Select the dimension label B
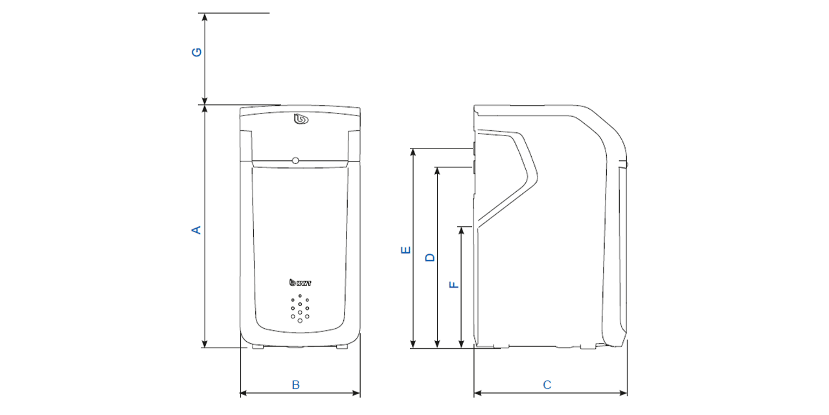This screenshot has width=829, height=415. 295,385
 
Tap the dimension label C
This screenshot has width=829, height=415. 547,385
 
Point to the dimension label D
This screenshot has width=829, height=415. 429,257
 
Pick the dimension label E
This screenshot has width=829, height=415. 406,250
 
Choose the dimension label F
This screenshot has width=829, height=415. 454,284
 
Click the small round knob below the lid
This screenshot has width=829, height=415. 295,160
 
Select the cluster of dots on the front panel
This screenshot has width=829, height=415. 300,308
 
